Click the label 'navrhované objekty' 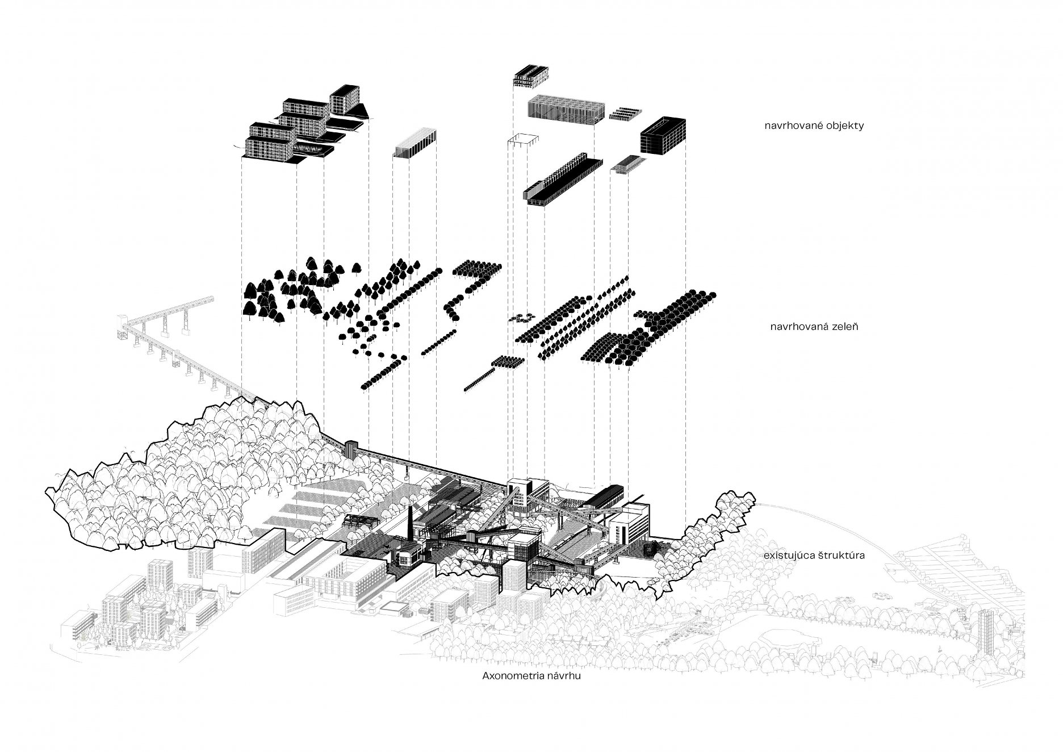(x=814, y=126)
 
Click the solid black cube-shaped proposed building (x=663, y=135)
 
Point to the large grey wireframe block (x=564, y=108)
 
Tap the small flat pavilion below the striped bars (x=628, y=164)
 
